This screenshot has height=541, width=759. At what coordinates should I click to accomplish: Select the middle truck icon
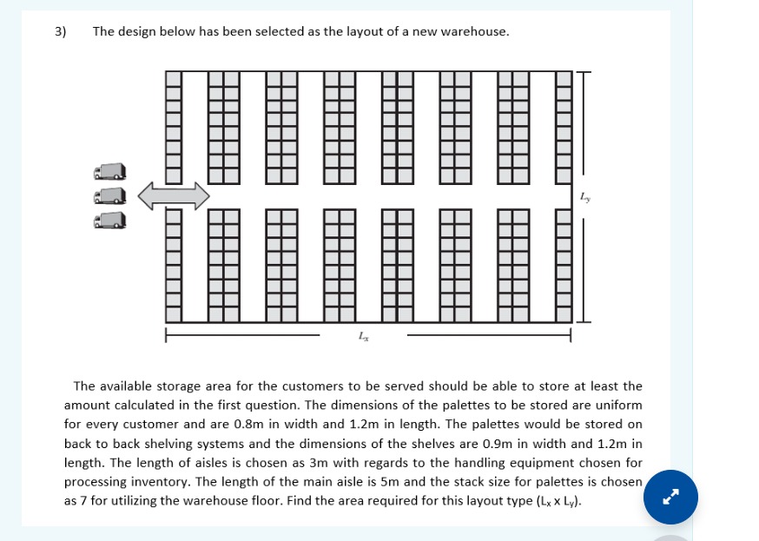pos(110,197)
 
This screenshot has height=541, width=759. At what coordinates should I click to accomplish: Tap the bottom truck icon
pos(110,221)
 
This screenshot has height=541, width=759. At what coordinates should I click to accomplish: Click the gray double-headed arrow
pos(174,195)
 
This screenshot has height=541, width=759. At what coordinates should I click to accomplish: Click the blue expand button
pos(670,497)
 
